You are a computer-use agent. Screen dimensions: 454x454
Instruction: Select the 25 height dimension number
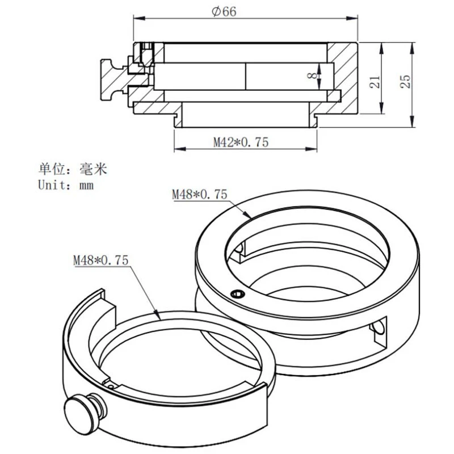click(x=405, y=81)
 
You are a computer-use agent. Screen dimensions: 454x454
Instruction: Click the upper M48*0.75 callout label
click(x=199, y=195)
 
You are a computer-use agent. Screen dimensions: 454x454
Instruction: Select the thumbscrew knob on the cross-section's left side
click(x=110, y=76)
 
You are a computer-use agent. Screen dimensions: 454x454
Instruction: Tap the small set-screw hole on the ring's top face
click(x=237, y=293)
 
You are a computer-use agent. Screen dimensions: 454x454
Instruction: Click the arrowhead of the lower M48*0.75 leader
click(x=158, y=313)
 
